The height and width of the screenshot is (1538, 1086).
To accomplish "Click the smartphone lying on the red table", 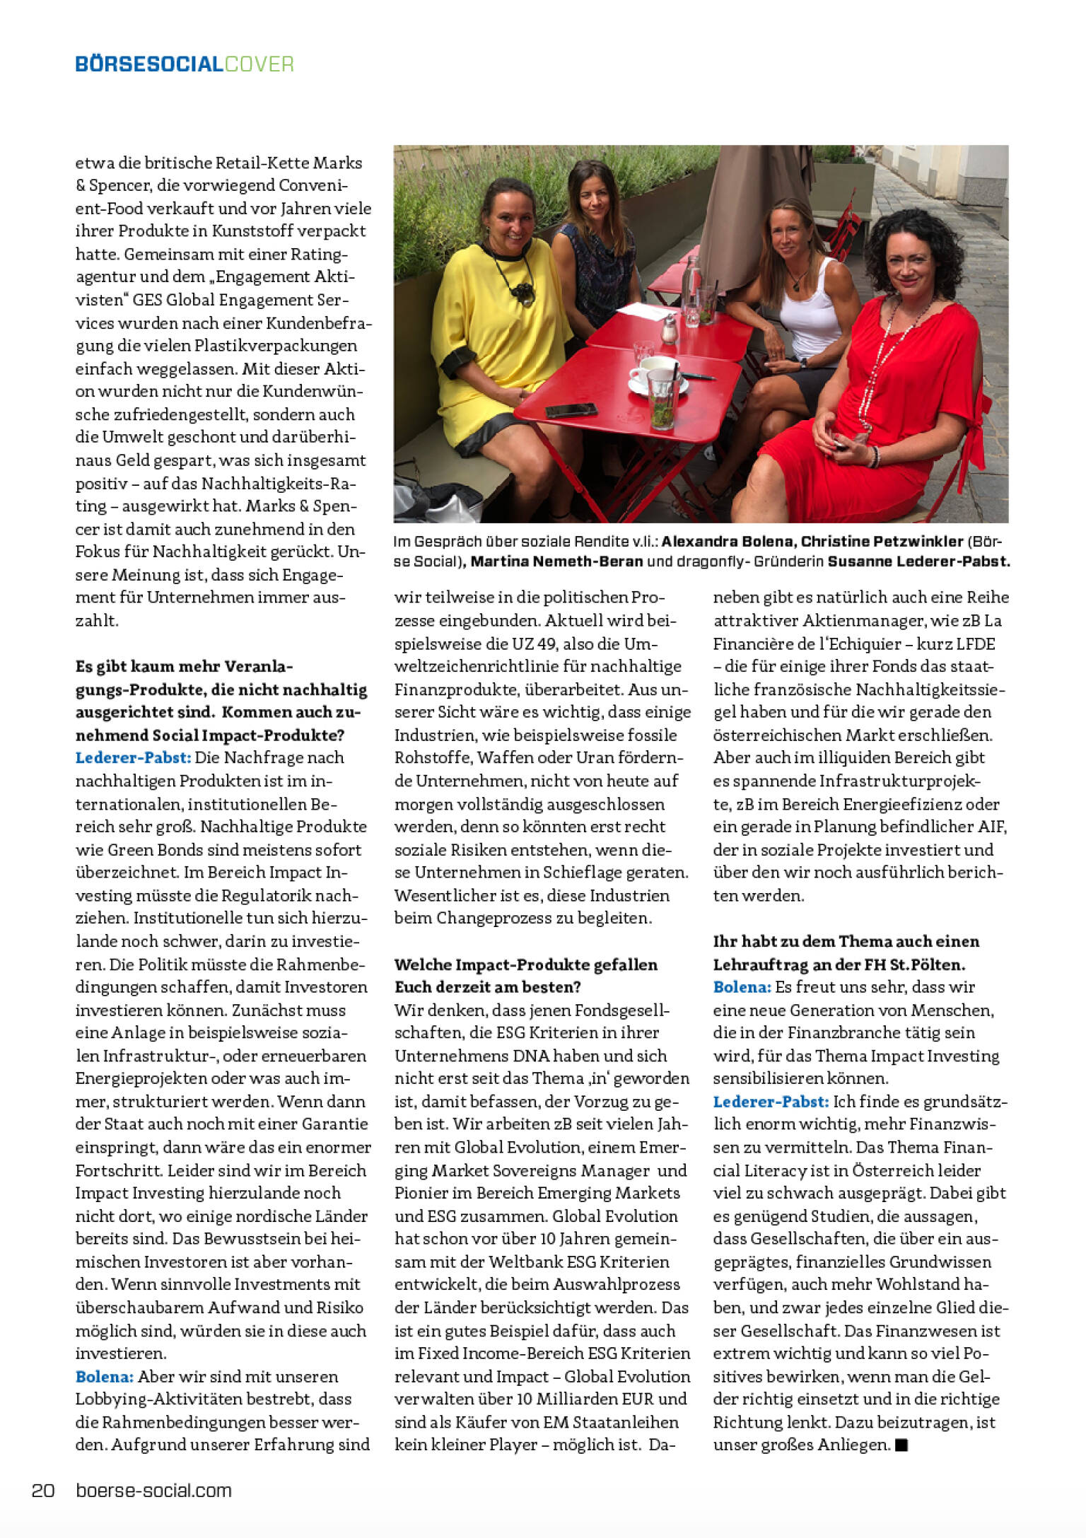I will click(x=570, y=409).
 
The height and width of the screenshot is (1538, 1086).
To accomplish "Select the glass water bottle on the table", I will click(x=691, y=291).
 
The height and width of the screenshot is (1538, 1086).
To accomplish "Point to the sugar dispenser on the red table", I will click(x=668, y=330).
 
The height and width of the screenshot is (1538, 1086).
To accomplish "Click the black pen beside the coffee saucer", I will click(x=697, y=375).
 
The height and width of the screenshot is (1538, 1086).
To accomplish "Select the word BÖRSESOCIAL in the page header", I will click(x=149, y=64).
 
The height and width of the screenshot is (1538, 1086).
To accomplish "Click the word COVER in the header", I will click(x=259, y=64).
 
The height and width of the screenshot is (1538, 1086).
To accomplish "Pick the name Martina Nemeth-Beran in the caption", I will click(x=556, y=561).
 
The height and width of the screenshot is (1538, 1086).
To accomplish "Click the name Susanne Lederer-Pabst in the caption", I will click(x=918, y=561).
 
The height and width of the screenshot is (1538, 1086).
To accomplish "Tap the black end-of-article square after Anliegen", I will click(x=901, y=1445).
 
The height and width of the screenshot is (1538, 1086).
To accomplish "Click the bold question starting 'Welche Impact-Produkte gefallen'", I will click(x=525, y=965).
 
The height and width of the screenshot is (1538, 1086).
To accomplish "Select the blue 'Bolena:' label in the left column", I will click(x=104, y=1377).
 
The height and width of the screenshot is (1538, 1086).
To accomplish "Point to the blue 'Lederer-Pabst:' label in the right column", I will click(x=770, y=1102).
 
